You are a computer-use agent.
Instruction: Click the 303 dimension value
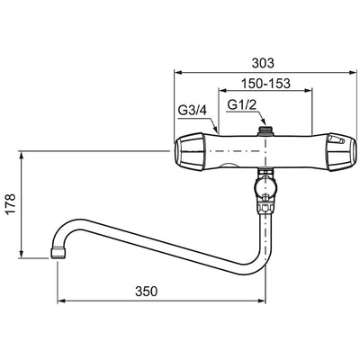[263, 63]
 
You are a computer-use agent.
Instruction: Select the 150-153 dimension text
[266, 83]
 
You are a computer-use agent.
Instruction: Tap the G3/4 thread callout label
[193, 111]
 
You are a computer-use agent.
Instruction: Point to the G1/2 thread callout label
[241, 104]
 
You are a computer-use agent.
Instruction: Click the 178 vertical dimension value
[11, 204]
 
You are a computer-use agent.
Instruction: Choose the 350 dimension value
[146, 291]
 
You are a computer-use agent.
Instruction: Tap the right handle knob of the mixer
[342, 152]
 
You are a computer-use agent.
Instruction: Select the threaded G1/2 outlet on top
[265, 130]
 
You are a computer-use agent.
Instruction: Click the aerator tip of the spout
[58, 253]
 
